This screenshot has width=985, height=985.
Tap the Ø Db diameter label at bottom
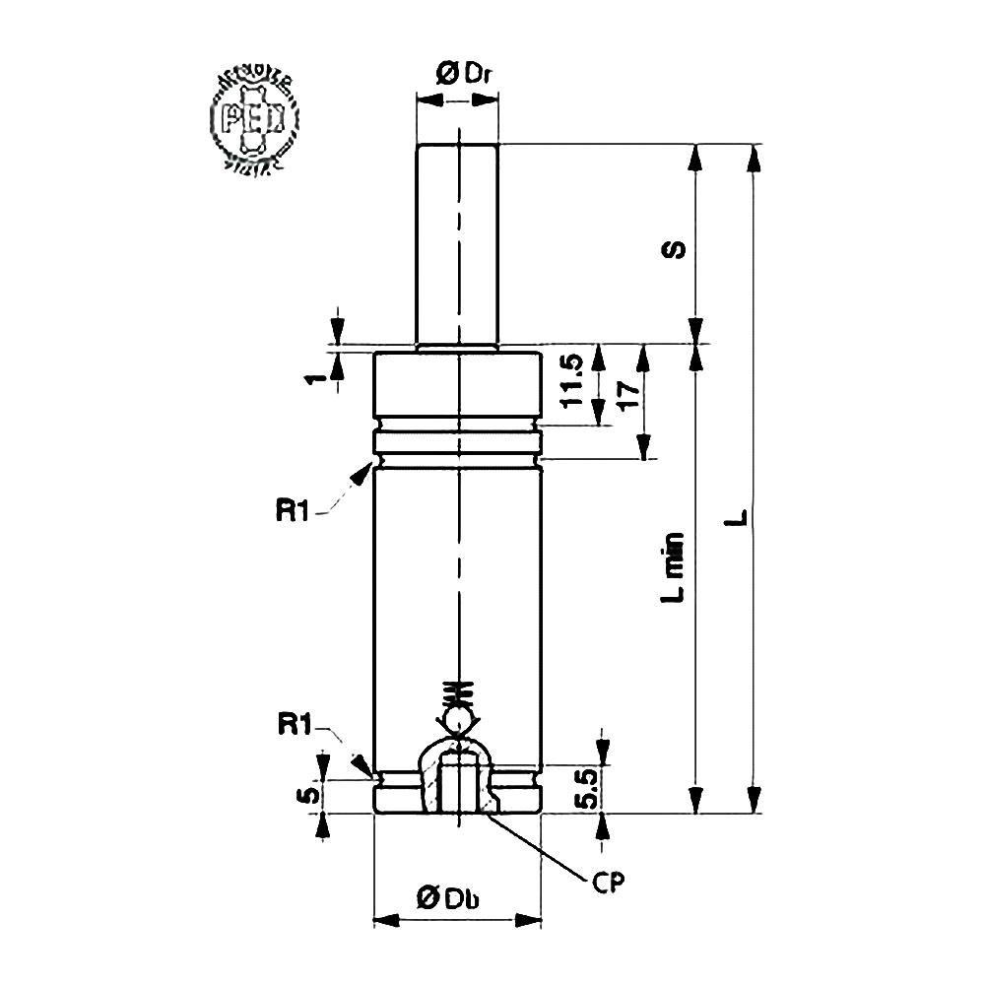click(454, 896)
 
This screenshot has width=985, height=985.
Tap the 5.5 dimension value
click(583, 788)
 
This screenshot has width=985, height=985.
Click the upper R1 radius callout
click(295, 510)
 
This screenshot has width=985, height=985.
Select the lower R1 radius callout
click(295, 726)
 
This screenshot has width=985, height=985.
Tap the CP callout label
click(610, 879)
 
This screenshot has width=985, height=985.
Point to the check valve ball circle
click(459, 722)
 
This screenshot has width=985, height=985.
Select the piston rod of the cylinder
click(458, 246)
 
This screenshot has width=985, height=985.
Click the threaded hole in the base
click(458, 783)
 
